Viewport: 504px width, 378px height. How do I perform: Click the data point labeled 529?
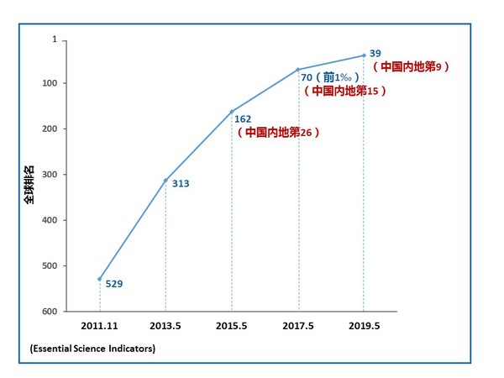click(x=100, y=279)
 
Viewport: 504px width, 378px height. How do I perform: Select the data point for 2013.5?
click(x=165, y=181)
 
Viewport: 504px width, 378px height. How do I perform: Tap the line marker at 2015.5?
click(x=232, y=112)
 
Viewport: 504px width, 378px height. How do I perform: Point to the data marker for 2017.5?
click(x=298, y=69)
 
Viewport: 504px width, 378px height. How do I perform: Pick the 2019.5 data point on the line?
click(x=364, y=55)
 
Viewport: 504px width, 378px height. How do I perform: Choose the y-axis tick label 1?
click(x=54, y=39)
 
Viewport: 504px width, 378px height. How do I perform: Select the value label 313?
click(x=180, y=184)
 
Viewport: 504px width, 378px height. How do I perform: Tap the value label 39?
click(x=375, y=53)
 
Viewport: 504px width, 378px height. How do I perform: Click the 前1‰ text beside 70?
click(x=333, y=77)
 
